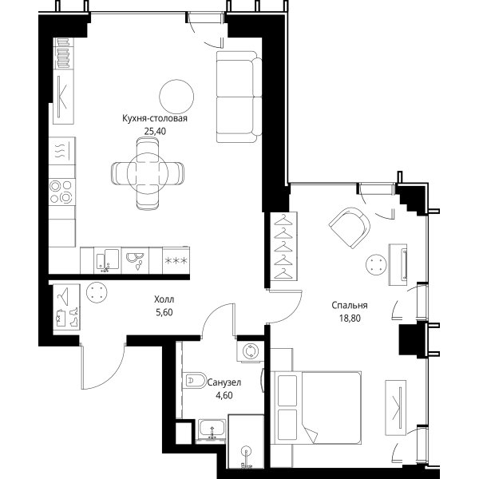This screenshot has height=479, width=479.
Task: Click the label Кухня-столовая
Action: pos(155,118)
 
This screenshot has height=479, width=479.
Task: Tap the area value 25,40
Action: pos(155,132)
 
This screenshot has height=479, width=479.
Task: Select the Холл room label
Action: pos(164,299)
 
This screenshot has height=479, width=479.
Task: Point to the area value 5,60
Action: pos(164,312)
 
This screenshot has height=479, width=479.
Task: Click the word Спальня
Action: pos(350,305)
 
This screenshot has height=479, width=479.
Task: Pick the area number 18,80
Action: pos(350,319)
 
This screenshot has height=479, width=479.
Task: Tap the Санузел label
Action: pos(224,382)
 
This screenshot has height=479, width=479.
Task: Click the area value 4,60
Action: pos(224,396)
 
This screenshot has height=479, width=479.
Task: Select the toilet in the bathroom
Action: pos(195,380)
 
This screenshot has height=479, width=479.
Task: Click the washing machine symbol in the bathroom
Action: pos(250,351)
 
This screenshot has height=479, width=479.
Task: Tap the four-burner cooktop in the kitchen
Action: pos(62,192)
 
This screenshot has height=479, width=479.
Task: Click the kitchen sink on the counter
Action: pos(108,259)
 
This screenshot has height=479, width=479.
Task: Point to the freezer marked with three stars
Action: pos(176,260)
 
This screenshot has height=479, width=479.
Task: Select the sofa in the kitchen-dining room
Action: pos(239,97)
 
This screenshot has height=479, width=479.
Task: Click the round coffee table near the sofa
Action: pos(176,97)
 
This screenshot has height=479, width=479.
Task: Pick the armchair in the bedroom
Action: pos(350,228)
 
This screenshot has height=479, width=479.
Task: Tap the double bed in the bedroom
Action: pos(318,408)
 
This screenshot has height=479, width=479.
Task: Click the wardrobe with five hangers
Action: pos(283,246)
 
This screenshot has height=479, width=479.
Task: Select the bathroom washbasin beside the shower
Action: pos(212,431)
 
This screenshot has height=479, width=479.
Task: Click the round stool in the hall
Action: pos(97,292)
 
